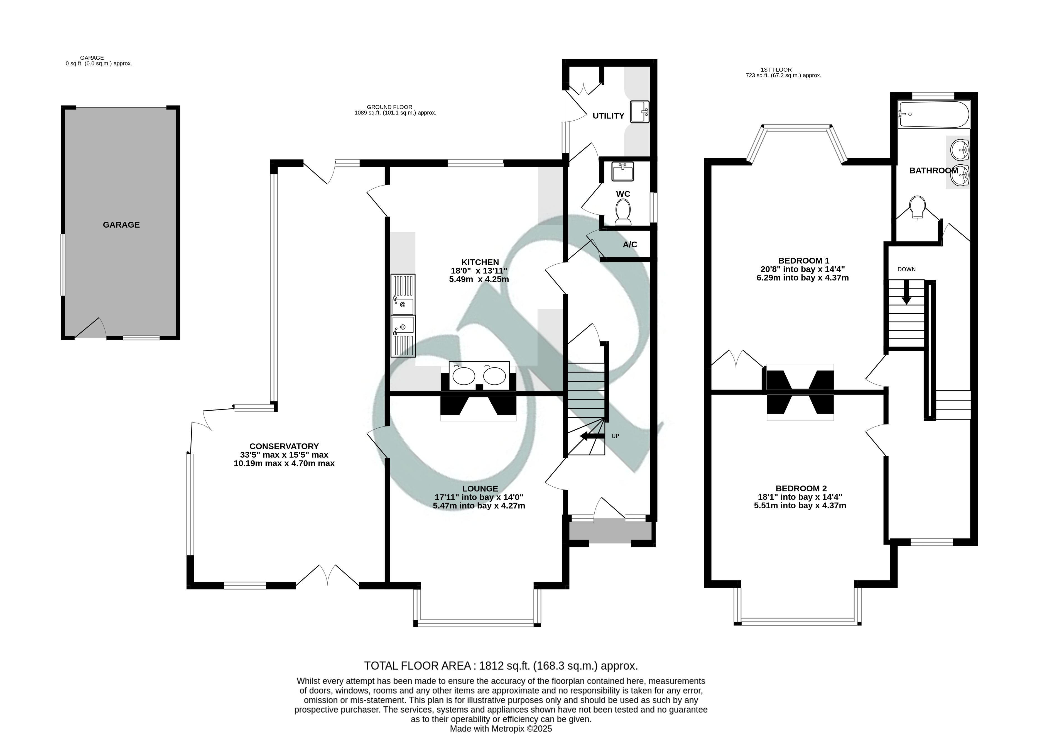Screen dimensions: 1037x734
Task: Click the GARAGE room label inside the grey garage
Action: tap(121, 225)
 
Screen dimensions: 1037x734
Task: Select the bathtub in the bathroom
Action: tap(933, 114)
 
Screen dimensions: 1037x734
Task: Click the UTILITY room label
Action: tap(608, 116)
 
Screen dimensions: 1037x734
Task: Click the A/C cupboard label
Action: tap(630, 245)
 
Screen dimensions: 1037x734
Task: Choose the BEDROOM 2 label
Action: tap(801, 489)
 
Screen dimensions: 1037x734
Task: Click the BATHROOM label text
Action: tap(933, 170)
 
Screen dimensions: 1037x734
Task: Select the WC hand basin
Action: tap(623, 171)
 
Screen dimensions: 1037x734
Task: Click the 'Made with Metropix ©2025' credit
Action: tap(501, 729)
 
